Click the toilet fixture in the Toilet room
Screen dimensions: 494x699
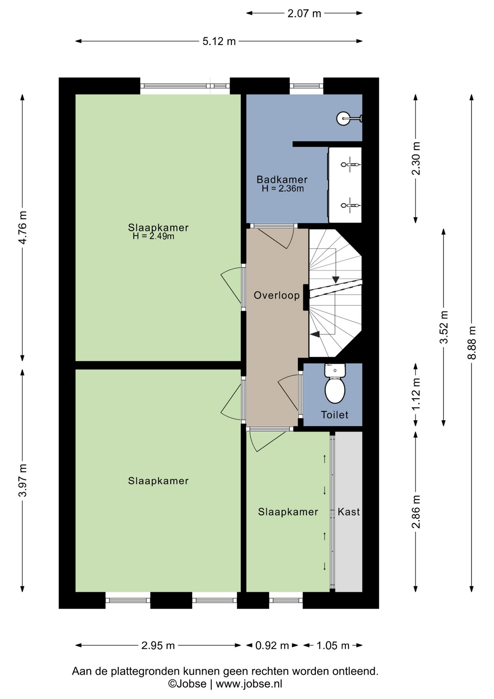pyautogui.click(x=335, y=383)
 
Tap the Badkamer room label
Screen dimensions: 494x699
pyautogui.click(x=282, y=179)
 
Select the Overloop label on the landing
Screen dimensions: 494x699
pyautogui.click(x=276, y=295)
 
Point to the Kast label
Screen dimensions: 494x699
pyautogui.click(x=348, y=512)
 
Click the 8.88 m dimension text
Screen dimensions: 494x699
pyautogui.click(x=472, y=343)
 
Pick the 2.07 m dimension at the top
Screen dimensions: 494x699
pyautogui.click(x=304, y=13)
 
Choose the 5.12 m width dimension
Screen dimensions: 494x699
pyautogui.click(x=219, y=42)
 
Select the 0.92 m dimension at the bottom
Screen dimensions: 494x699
pyautogui.click(x=272, y=645)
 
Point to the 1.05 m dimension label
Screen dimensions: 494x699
pyautogui.click(x=333, y=645)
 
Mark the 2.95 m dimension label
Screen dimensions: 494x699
pyautogui.click(x=158, y=645)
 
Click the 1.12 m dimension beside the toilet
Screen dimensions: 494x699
pyautogui.click(x=416, y=394)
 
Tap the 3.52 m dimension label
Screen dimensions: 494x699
pyautogui.click(x=444, y=327)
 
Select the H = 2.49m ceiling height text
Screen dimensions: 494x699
pyautogui.click(x=154, y=236)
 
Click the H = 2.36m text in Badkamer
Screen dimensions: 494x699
pyautogui.click(x=283, y=189)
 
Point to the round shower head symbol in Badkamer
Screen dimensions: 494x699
pyautogui.click(x=343, y=118)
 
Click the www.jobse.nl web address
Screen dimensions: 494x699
pyautogui.click(x=249, y=684)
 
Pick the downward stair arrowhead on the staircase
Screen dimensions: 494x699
pyautogui.click(x=336, y=280)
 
